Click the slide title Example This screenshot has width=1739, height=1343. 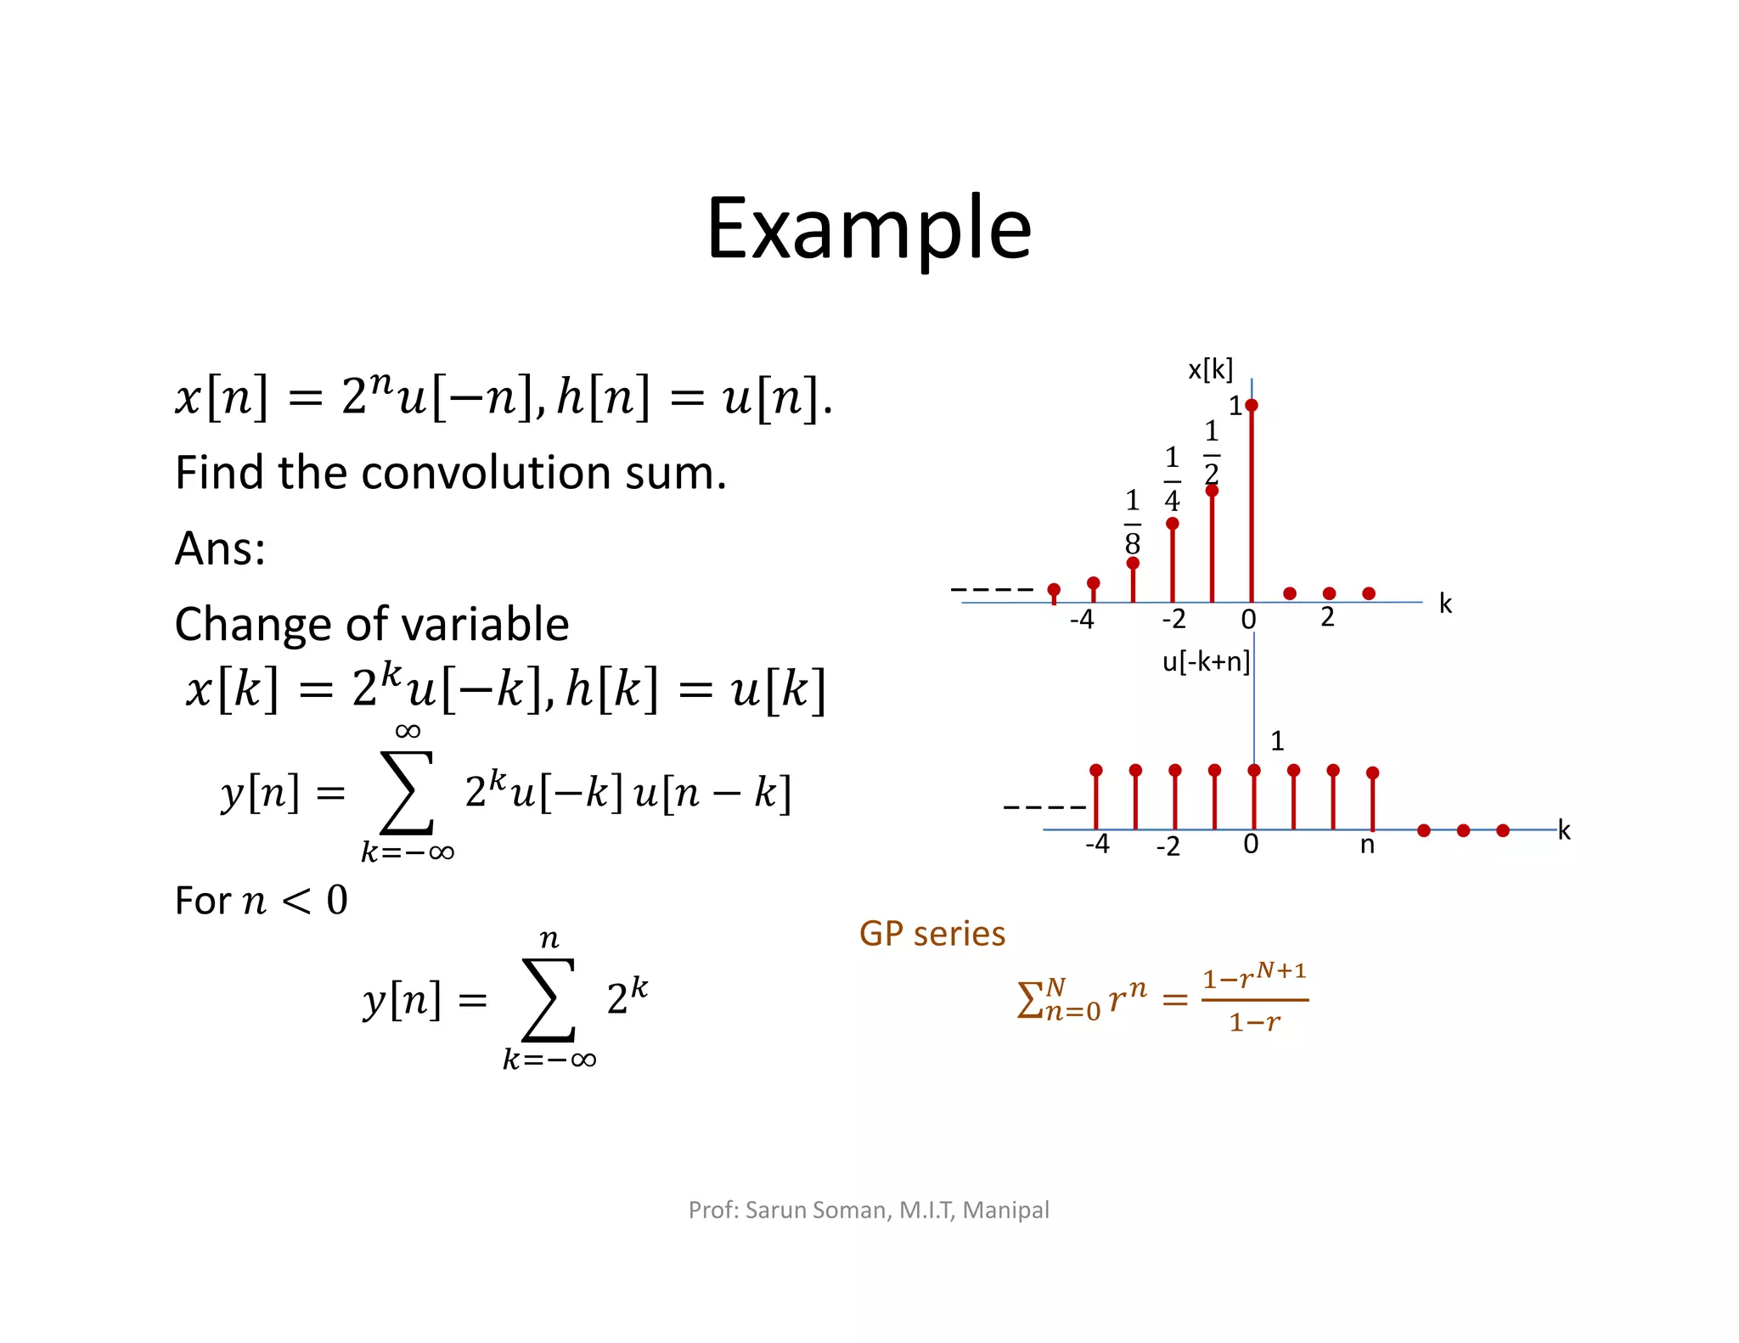click(869, 228)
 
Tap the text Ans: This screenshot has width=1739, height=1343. click(220, 548)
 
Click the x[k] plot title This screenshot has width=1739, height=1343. click(1210, 369)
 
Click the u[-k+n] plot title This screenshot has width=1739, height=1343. click(1205, 661)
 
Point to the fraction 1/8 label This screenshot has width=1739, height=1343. click(1132, 521)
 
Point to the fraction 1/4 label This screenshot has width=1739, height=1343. click(1172, 480)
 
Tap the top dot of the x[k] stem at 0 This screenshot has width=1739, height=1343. click(1252, 405)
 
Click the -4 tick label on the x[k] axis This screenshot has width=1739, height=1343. click(1082, 620)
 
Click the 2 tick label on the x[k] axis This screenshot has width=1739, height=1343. click(1328, 617)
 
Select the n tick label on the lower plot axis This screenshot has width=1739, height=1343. click(1367, 845)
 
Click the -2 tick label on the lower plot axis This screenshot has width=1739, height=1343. click(1168, 846)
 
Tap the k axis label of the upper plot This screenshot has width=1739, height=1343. click(1445, 604)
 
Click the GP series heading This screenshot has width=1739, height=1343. click(931, 934)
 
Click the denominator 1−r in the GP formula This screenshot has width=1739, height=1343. click(1254, 1022)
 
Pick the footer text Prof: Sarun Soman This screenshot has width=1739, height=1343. click(790, 1210)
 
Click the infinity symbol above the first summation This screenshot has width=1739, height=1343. click(408, 731)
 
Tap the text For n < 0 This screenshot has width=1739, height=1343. click(261, 901)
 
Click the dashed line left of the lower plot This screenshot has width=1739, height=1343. click(1044, 806)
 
